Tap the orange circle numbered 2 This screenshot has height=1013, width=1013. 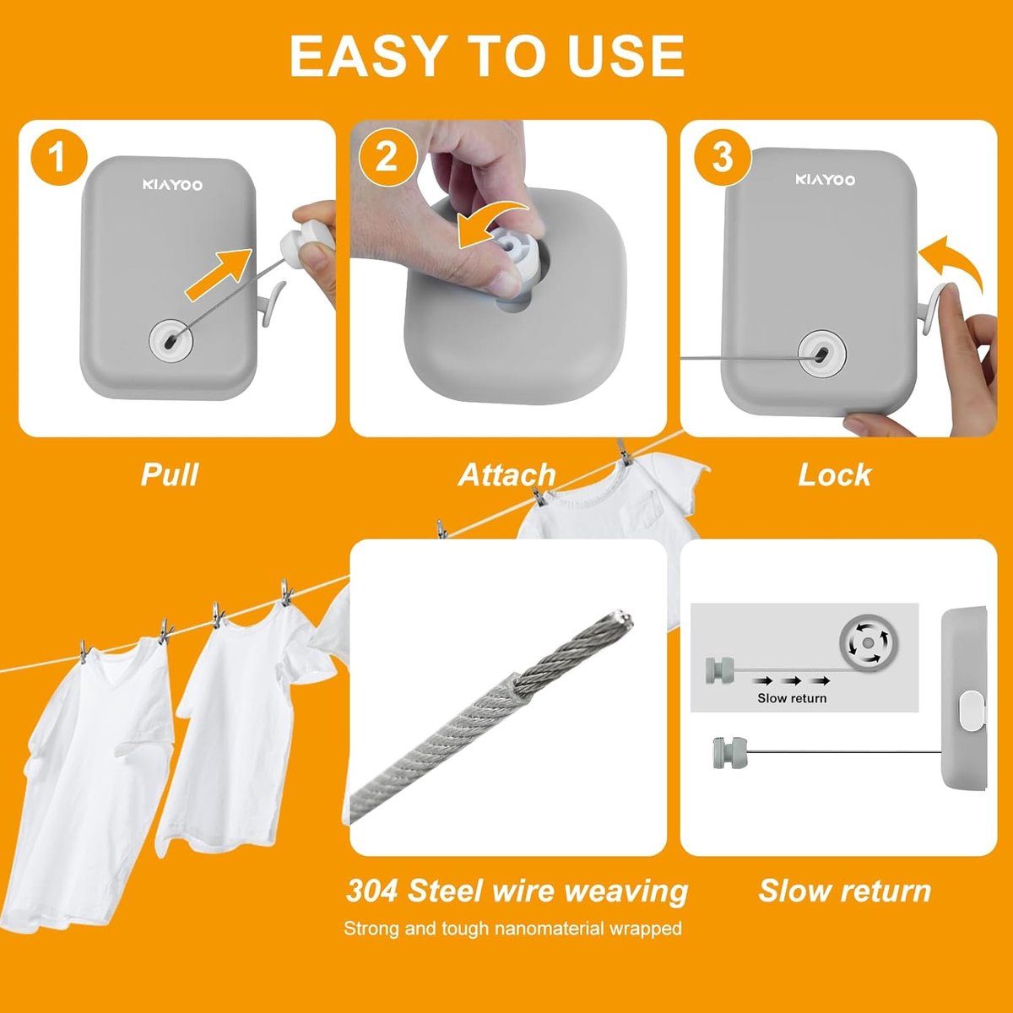tap(388, 156)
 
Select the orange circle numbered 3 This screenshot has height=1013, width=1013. tap(723, 156)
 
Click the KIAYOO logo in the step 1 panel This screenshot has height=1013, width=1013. tap(172, 185)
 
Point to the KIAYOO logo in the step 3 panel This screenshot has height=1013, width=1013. tap(826, 180)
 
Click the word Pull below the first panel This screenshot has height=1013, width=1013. tap(170, 474)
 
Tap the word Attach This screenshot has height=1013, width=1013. tap(507, 474)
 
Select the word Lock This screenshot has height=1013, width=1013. tap(835, 474)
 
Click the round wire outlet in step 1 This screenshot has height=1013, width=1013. tap(171, 338)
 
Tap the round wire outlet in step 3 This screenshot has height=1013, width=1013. tap(822, 353)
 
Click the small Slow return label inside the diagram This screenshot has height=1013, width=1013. tap(792, 698)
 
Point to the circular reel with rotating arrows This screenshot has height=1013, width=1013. tap(868, 643)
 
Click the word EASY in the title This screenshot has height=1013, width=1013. tap(363, 57)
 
